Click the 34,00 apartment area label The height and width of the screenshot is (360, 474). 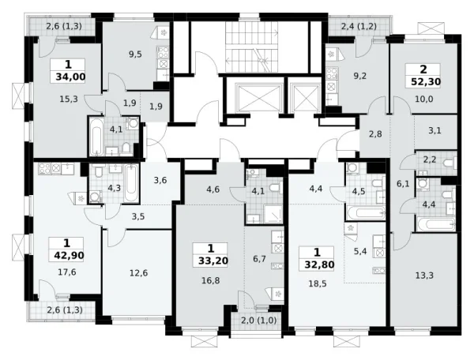(x=70, y=77)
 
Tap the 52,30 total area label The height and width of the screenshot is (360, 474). (x=426, y=81)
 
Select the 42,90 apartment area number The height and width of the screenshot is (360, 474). (x=70, y=256)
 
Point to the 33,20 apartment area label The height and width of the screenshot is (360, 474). (x=213, y=261)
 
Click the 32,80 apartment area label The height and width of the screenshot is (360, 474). (x=319, y=264)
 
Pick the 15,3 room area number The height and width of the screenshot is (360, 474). (x=70, y=99)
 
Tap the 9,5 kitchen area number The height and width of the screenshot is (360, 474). (x=135, y=54)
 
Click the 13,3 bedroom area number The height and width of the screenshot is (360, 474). (x=425, y=276)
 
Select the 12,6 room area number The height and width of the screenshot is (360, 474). (x=138, y=273)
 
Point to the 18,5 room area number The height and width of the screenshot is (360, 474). (x=318, y=283)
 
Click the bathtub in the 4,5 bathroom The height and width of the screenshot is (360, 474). (x=366, y=213)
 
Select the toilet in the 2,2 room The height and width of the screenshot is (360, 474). (x=450, y=163)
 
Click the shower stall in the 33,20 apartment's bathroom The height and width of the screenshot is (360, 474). (x=273, y=214)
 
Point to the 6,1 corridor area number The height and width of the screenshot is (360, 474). (x=403, y=184)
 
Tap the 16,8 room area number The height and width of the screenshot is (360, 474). (x=211, y=281)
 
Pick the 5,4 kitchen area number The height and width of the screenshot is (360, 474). (x=360, y=251)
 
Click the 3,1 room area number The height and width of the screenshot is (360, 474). (x=434, y=131)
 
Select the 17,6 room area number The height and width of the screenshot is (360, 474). (x=67, y=272)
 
